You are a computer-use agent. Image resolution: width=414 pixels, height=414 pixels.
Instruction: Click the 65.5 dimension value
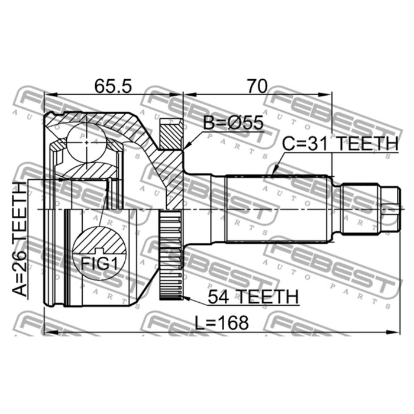pyautogui.click(x=113, y=86)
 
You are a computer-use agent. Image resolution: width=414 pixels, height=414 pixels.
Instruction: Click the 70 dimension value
pyautogui.click(x=257, y=86)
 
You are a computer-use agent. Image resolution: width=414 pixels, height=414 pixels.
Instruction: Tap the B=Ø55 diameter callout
pyautogui.click(x=234, y=123)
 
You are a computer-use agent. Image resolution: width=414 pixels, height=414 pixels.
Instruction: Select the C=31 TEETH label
pyautogui.click(x=340, y=144)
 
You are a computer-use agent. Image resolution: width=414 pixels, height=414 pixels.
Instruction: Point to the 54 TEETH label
pyautogui.click(x=253, y=297)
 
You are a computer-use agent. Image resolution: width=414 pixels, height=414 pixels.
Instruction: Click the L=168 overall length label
pyautogui.click(x=222, y=323)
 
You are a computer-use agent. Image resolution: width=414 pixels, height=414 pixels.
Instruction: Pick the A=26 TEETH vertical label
pyautogui.click(x=20, y=239)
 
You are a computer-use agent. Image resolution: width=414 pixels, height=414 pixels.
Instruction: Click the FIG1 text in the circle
pyautogui.click(x=99, y=263)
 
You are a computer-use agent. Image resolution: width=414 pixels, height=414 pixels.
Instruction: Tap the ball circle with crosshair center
pyautogui.click(x=86, y=143)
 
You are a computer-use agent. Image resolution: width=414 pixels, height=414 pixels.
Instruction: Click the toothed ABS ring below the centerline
pyautogui.click(x=171, y=254)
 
